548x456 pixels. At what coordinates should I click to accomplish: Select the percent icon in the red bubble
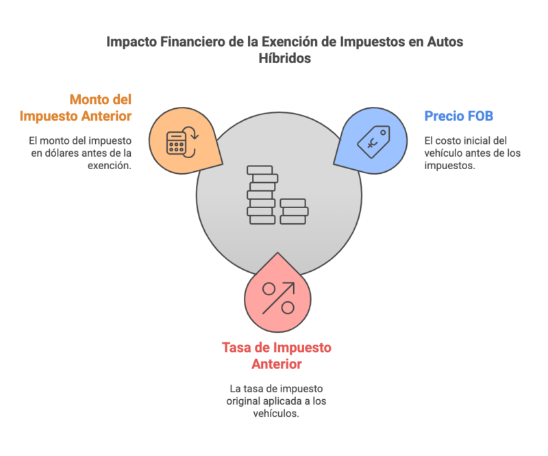point(279,298)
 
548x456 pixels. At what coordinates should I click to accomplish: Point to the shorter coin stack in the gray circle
point(293,212)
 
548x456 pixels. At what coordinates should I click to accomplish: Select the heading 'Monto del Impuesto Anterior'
point(75,107)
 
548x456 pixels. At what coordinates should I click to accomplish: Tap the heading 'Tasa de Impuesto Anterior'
point(276,355)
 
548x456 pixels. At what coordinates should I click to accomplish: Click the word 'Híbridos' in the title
point(285,59)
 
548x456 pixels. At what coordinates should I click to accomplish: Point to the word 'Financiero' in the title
point(186,42)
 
